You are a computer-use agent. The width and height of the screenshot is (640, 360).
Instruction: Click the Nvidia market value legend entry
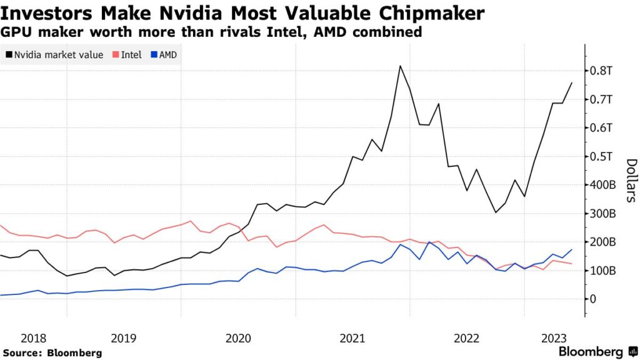tap(54, 55)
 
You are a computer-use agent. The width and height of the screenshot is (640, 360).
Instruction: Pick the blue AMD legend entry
tap(164, 55)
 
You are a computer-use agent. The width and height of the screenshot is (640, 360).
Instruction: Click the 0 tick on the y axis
tap(593, 299)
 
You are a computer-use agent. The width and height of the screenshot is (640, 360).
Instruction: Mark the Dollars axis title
tap(631, 181)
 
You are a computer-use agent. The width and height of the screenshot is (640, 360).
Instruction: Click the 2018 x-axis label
tap(33, 338)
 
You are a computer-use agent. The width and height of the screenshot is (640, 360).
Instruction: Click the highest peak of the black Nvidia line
tap(400, 66)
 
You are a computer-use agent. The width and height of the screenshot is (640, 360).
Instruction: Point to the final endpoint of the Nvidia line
tap(571, 82)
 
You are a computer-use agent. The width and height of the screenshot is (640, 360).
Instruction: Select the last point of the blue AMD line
tap(571, 249)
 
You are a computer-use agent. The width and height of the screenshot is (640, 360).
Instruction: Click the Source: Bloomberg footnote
tap(52, 353)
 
